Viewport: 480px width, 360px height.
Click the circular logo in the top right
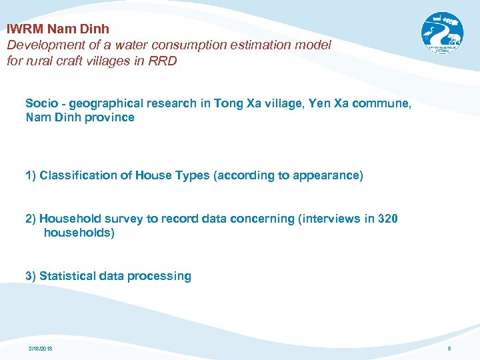pyautogui.click(x=442, y=33)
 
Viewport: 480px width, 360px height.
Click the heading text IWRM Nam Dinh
pyautogui.click(x=58, y=29)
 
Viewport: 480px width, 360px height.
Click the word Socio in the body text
pyautogui.click(x=41, y=103)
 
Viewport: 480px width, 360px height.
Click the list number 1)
pyautogui.click(x=31, y=175)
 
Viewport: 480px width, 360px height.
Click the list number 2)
pyautogui.click(x=31, y=219)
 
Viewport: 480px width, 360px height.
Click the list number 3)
pyautogui.click(x=31, y=276)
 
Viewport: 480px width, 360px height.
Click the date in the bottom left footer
pyautogui.click(x=41, y=349)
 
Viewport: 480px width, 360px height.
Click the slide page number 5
pyautogui.click(x=449, y=349)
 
